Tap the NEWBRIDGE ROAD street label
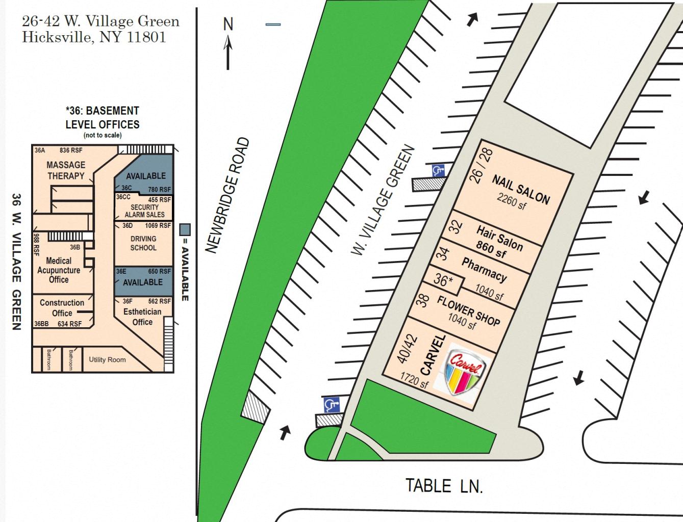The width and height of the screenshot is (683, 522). pos(227,195)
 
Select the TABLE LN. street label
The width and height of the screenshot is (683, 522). pos(444,486)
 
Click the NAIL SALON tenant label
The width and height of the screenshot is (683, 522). pos(521,190)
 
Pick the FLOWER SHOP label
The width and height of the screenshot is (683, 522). pos(469,311)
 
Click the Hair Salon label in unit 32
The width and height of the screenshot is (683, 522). pos(500,238)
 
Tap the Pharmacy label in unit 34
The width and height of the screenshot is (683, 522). pos(484,270)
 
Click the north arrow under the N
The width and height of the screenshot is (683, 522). pos(228,52)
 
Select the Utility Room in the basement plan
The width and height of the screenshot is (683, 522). pos(107,360)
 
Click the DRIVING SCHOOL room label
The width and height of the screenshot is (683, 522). pos(143,243)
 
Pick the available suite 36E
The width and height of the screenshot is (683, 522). pos(143,281)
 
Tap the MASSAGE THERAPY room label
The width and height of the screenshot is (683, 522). pos(66,170)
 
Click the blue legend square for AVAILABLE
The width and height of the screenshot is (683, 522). pos(185,229)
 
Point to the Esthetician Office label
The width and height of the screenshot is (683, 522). pos(142,317)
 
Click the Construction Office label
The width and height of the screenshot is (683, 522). pos(62,308)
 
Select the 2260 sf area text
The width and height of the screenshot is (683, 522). pos(511,201)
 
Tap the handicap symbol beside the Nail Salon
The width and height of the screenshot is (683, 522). pos(438,171)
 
